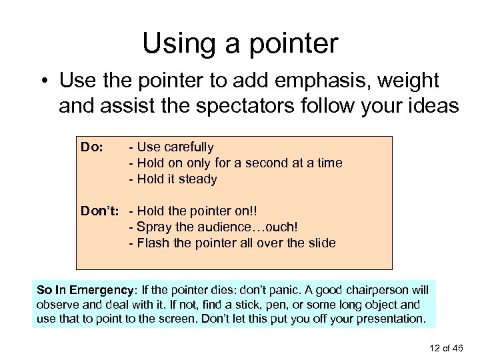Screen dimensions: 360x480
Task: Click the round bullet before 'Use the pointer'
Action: [x=44, y=83]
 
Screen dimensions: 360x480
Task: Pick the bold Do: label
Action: [x=91, y=147]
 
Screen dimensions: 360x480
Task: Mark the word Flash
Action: [x=152, y=243]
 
